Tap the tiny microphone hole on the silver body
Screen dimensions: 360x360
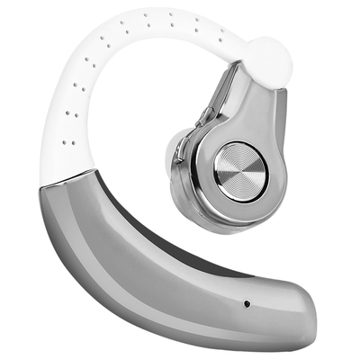point(246,302)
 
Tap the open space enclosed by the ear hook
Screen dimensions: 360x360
point(135,117)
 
